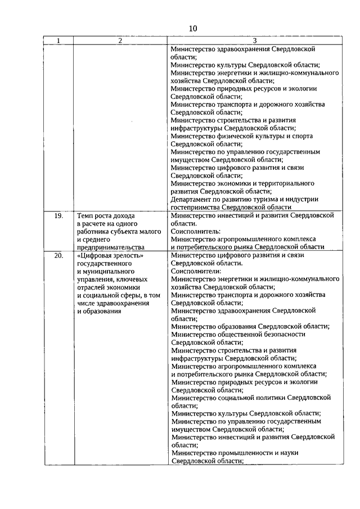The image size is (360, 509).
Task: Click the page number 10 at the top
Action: pyautogui.click(x=193, y=29)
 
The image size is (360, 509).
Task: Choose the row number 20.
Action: pyautogui.click(x=57, y=255)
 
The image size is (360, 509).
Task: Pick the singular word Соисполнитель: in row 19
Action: pyautogui.click(x=196, y=231)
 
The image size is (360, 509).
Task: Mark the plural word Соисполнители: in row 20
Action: pyautogui.click(x=197, y=271)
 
